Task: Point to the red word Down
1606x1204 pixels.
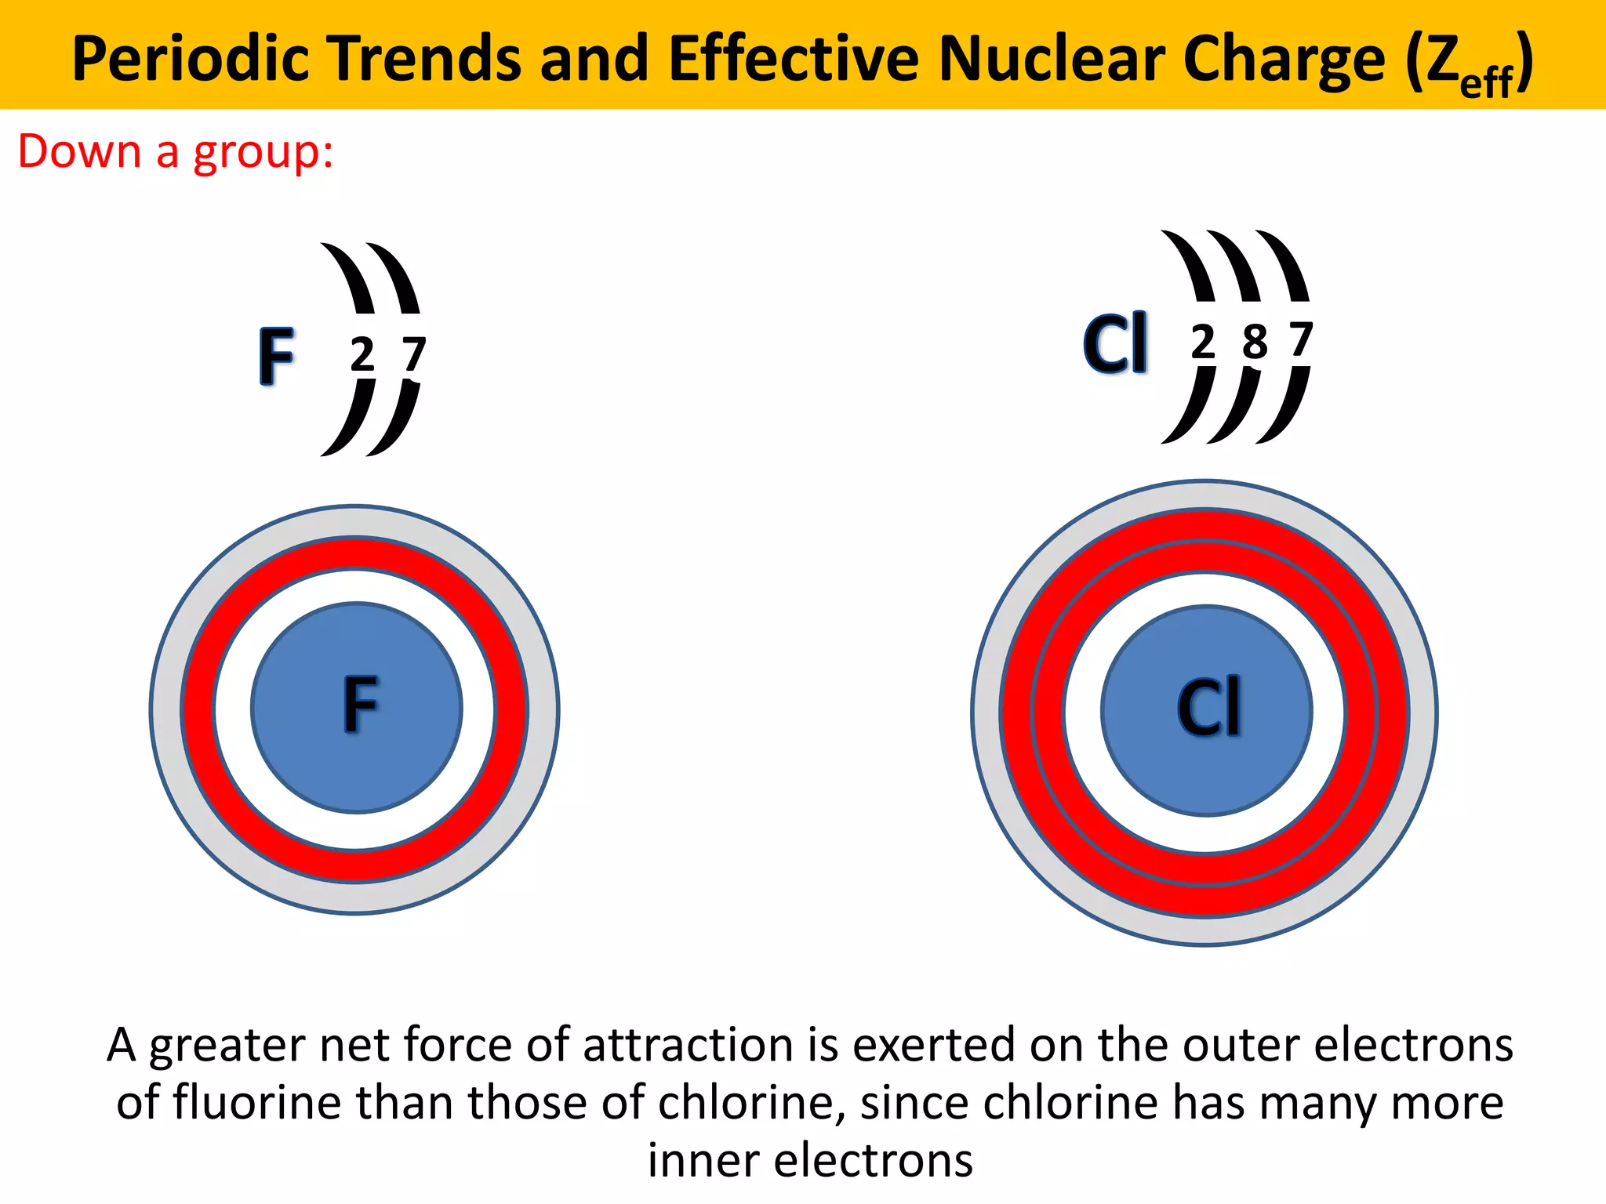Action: coord(79,150)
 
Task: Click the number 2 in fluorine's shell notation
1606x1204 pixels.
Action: coord(362,355)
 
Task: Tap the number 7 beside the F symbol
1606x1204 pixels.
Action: coord(413,355)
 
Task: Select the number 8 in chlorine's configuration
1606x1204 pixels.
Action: coord(1255,342)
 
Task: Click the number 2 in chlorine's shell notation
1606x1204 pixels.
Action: coord(1203,342)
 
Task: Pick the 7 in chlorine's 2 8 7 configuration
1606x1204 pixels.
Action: coord(1301,340)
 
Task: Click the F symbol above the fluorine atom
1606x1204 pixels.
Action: coord(277,357)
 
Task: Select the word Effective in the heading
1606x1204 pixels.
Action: coord(794,59)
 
